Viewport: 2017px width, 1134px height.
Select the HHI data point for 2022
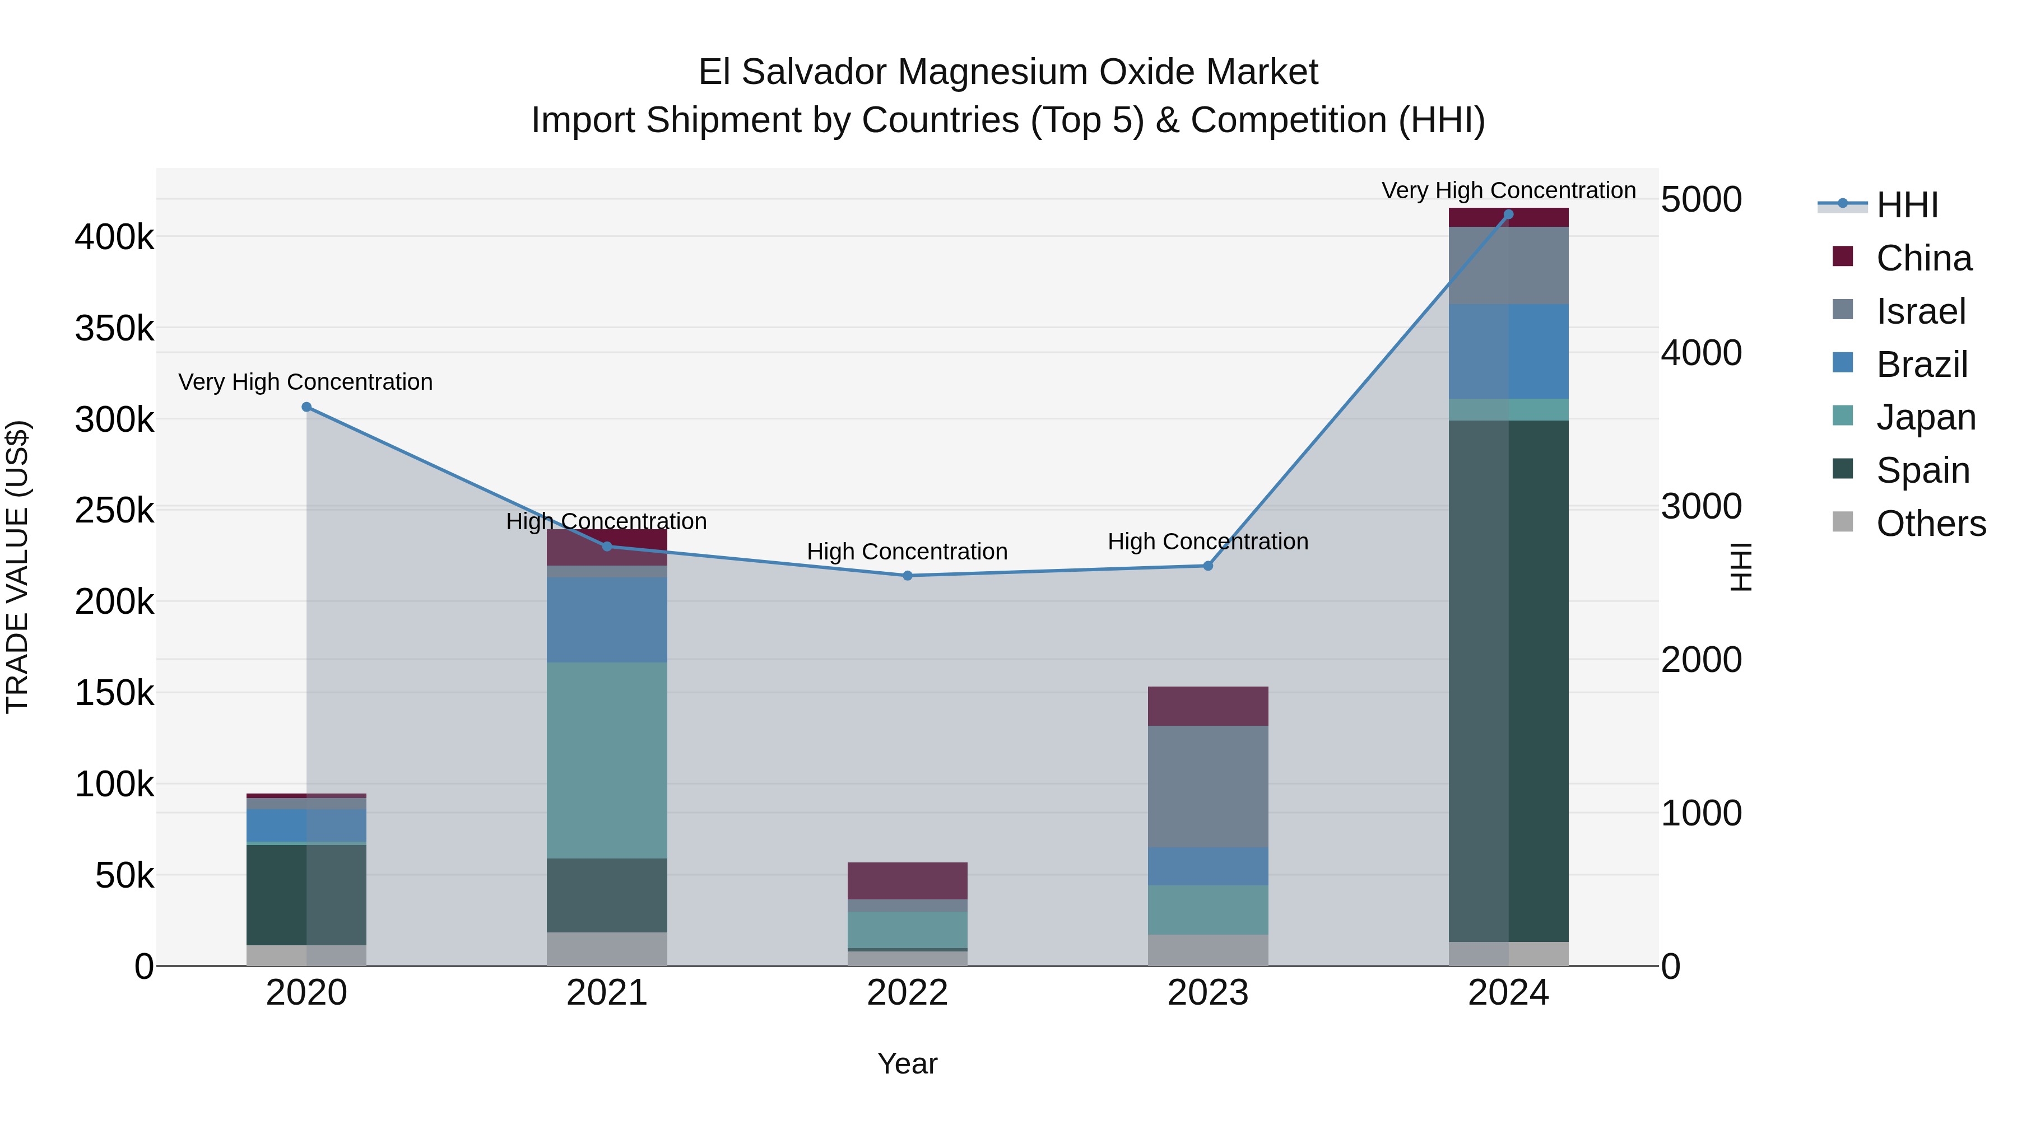pyautogui.click(x=908, y=576)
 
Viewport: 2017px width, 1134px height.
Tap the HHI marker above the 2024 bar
pyautogui.click(x=1509, y=214)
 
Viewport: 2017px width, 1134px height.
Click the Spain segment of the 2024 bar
pyautogui.click(x=1509, y=681)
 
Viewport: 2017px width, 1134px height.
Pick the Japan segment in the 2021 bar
pyautogui.click(x=607, y=760)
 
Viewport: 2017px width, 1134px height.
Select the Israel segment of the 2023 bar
pyautogui.click(x=1208, y=787)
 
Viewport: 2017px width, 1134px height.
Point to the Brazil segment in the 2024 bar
pyautogui.click(x=1509, y=351)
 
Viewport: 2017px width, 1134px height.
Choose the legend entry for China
pyautogui.click(x=1923, y=258)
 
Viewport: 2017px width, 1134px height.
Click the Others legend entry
pyautogui.click(x=1930, y=524)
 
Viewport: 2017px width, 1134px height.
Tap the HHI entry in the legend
pyautogui.click(x=1907, y=205)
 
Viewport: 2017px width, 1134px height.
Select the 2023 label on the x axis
pyautogui.click(x=1208, y=993)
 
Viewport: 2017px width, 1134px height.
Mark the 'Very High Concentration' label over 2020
pyautogui.click(x=305, y=382)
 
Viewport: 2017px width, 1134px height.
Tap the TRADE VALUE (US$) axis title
pyautogui.click(x=17, y=567)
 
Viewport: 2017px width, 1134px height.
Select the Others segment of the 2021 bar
pyautogui.click(x=607, y=949)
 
